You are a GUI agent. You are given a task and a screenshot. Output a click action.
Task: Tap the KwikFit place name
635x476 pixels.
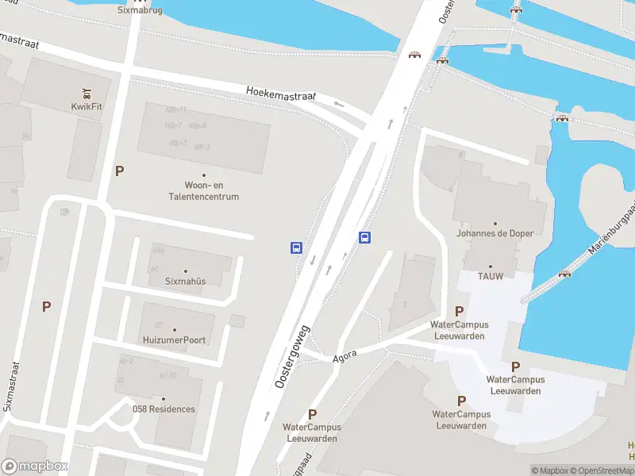(87, 106)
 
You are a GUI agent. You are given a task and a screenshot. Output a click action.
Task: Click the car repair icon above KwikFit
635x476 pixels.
(87, 91)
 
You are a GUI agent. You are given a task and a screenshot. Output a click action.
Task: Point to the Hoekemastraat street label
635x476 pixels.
(281, 94)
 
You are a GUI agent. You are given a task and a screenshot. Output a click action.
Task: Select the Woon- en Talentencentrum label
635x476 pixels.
(206, 191)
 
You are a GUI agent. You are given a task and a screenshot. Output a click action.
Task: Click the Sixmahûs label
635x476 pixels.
(185, 282)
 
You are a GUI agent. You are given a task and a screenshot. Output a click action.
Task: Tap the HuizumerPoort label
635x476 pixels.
(175, 340)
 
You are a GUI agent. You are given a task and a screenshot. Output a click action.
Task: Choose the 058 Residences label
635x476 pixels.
(164, 409)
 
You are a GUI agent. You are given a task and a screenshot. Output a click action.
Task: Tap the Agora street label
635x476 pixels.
(345, 358)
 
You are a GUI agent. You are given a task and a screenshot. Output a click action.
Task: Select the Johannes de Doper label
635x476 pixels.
(495, 233)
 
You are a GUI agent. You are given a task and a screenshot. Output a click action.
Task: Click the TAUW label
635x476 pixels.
(490, 276)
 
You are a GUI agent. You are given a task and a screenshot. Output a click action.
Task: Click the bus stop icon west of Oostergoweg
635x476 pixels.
(296, 248)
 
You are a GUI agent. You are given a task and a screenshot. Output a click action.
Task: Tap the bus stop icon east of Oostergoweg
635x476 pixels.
(365, 236)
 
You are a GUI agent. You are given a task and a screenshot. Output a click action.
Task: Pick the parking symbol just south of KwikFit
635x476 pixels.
(120, 171)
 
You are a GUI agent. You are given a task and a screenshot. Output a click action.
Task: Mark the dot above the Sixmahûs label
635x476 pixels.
(186, 271)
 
